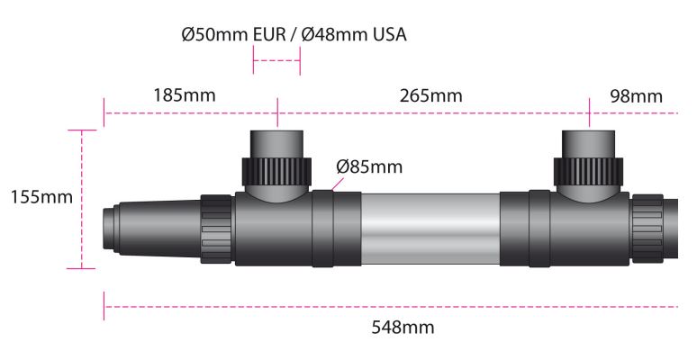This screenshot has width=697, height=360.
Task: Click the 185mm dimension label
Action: pyautogui.click(x=185, y=95)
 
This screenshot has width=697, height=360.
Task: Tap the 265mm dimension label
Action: pyautogui.click(x=430, y=95)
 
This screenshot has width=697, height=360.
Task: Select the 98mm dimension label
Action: pyautogui.click(x=636, y=96)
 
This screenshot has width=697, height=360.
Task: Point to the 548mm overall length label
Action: pyautogui.click(x=403, y=328)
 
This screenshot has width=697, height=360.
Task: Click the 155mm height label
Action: pyautogui.click(x=41, y=197)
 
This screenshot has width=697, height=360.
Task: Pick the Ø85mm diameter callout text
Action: pyautogui.click(x=369, y=167)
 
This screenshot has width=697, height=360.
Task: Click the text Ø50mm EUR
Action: pyautogui.click(x=234, y=35)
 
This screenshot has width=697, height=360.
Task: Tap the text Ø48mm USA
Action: pyautogui.click(x=354, y=35)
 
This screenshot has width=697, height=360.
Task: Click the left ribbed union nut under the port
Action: pyautogui.click(x=276, y=172)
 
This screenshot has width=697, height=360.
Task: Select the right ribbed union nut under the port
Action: pyautogui.click(x=588, y=172)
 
